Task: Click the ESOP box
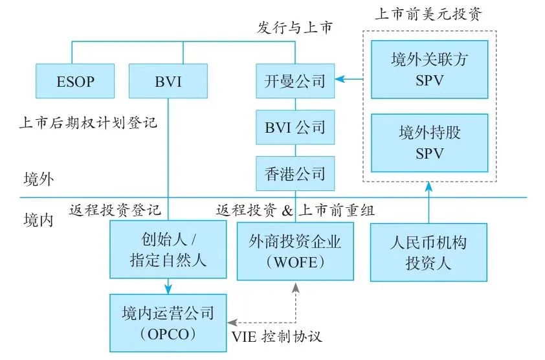pyautogui.click(x=75, y=81)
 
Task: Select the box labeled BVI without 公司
pyautogui.click(x=168, y=81)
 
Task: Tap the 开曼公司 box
pyautogui.click(x=295, y=81)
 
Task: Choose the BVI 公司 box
pyautogui.click(x=295, y=128)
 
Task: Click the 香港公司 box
pyautogui.click(x=295, y=174)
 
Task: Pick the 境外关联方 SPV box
pyautogui.click(x=430, y=69)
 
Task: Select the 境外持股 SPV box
pyautogui.click(x=430, y=143)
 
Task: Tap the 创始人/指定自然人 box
pyautogui.click(x=168, y=249)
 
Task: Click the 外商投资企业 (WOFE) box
pyautogui.click(x=295, y=251)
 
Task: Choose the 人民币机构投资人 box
pyautogui.click(x=428, y=252)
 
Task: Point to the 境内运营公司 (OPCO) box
pyautogui.click(x=168, y=323)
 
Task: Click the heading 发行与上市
pyautogui.click(x=295, y=27)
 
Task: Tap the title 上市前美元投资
pyautogui.click(x=429, y=14)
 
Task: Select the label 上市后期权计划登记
pyautogui.click(x=88, y=122)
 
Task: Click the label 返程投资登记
pyautogui.click(x=115, y=210)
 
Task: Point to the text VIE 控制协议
pyautogui.click(x=276, y=336)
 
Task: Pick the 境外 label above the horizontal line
pyautogui.click(x=39, y=179)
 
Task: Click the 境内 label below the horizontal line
pyautogui.click(x=39, y=220)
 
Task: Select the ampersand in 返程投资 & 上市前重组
pyautogui.click(x=287, y=210)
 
